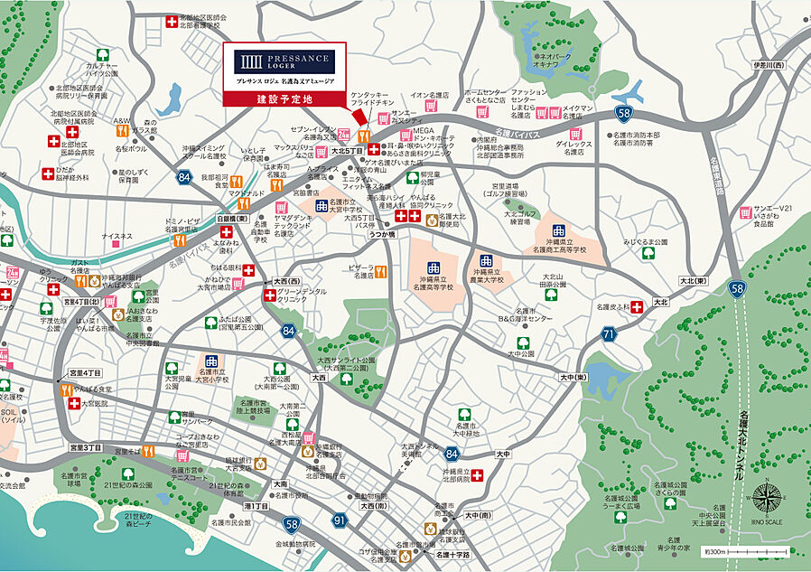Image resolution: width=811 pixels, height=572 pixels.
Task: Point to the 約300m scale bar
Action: point(749,549)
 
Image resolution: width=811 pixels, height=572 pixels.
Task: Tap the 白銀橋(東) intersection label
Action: point(232,218)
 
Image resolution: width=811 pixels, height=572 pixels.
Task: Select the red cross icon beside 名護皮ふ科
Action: point(638,307)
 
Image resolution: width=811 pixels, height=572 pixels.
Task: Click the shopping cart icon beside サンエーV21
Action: point(745,213)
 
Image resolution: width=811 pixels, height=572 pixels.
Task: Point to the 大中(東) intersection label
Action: point(573,377)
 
